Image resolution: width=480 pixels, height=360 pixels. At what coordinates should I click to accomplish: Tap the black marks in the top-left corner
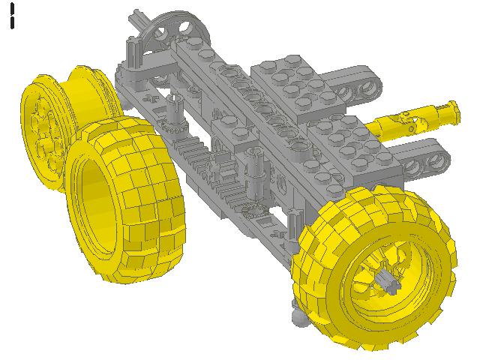coord(13,16)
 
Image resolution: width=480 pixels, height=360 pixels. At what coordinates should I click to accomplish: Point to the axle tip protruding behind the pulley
coord(136,18)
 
